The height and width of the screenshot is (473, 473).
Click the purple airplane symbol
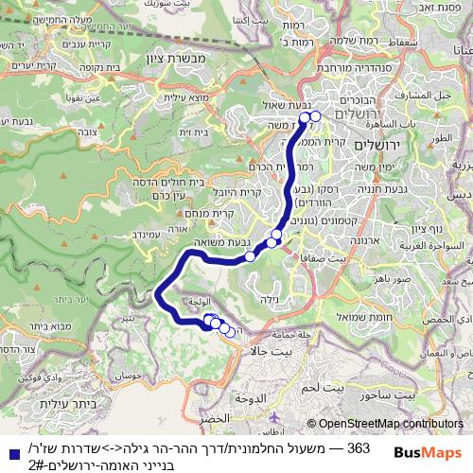pos(275,417)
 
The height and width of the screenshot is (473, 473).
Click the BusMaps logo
pos(429,451)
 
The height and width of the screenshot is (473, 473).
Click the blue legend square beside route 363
pos(9,452)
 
